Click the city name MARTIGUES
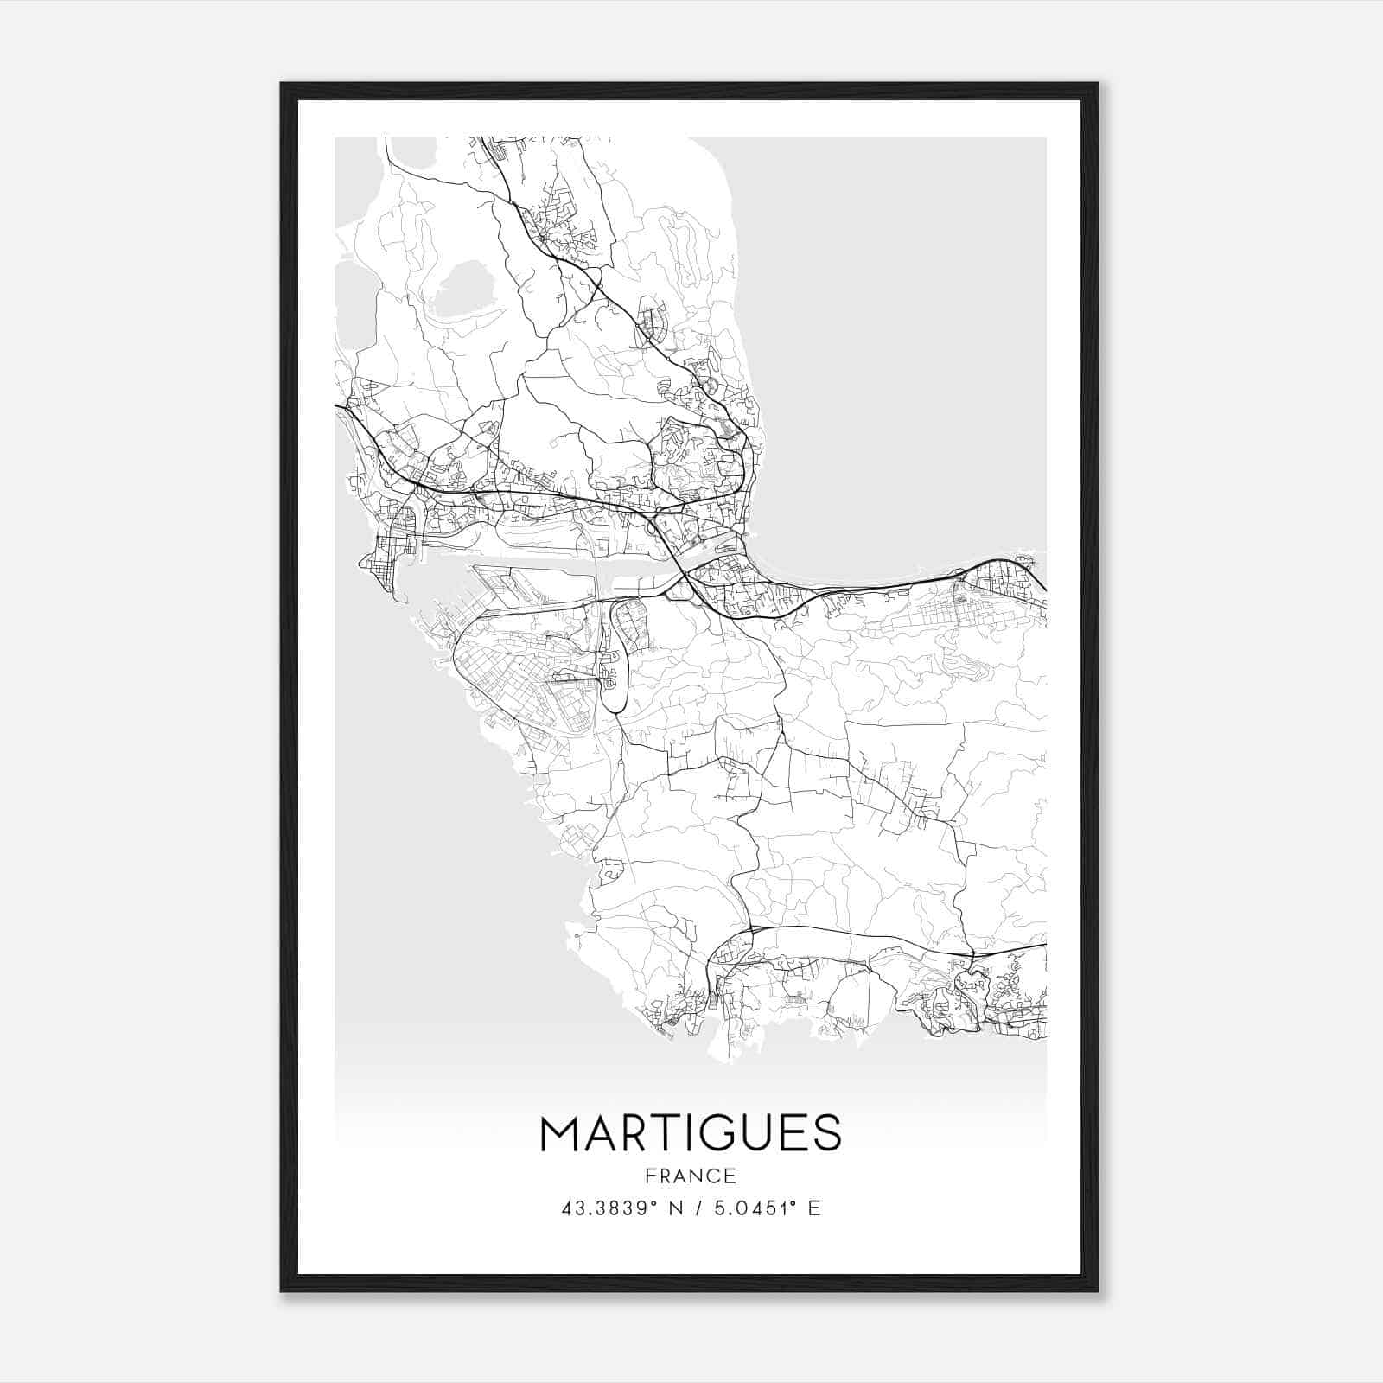pos(691,1133)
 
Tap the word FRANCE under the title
pos(691,1176)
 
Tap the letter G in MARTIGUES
pos(723,1133)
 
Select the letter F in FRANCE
pos(650,1176)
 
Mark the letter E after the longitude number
pos(813,1208)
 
